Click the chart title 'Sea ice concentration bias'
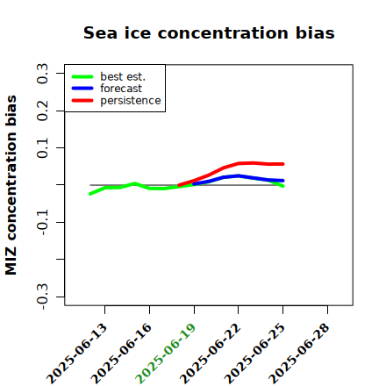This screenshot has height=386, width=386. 209,32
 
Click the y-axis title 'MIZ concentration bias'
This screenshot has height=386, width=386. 11,185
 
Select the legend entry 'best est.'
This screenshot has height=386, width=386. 123,76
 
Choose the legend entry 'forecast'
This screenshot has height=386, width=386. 121,89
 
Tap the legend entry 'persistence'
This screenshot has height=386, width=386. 131,101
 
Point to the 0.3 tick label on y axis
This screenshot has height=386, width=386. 42,73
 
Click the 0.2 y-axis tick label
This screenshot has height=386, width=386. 42,111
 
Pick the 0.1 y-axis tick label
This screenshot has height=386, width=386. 42,148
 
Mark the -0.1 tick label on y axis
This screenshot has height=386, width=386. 42,222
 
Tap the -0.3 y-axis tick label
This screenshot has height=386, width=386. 42,297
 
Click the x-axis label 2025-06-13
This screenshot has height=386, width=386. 76,354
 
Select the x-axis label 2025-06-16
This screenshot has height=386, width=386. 121,354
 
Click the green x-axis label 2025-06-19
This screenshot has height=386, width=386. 166,354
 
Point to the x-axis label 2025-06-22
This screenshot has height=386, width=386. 211,354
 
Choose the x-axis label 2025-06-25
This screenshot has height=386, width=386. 254,354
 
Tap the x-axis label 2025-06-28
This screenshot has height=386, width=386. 299,354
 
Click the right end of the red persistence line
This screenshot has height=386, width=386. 283,164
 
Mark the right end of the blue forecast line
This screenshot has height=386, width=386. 283,181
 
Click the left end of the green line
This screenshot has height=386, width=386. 90,194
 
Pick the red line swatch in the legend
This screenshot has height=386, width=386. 82,101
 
